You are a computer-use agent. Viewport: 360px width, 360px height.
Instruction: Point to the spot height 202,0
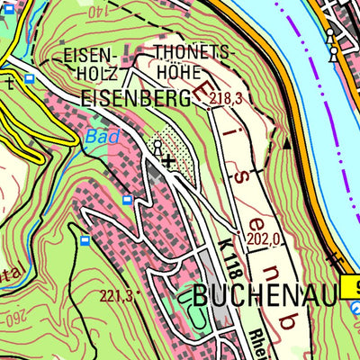click(263, 239)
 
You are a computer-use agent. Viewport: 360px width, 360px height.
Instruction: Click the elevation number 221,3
click(116, 295)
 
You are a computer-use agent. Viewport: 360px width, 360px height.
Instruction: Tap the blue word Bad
click(102, 138)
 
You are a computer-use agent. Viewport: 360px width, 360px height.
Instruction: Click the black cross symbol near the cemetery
click(169, 161)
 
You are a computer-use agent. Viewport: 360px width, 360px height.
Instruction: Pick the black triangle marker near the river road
click(288, 142)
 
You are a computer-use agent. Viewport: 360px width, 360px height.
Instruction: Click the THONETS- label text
click(192, 53)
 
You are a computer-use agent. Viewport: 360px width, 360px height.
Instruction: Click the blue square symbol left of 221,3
click(85, 241)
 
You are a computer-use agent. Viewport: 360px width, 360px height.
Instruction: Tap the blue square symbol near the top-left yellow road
click(30, 78)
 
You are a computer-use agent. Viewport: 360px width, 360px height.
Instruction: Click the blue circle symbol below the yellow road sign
click(355, 309)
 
